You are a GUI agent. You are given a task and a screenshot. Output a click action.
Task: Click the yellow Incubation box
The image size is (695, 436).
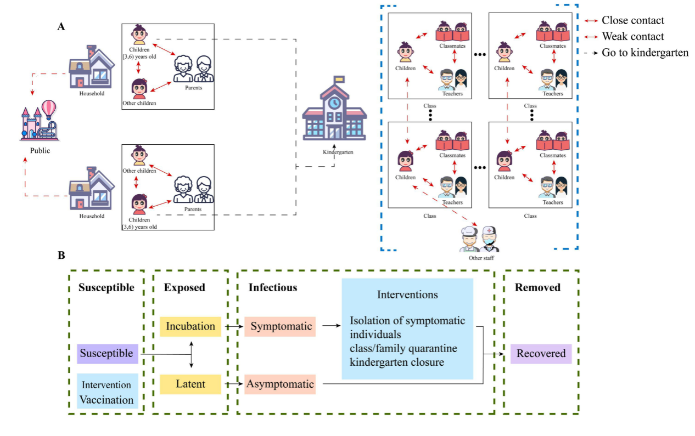(x=190, y=326)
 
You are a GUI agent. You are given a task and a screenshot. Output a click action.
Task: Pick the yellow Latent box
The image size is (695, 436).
(x=190, y=384)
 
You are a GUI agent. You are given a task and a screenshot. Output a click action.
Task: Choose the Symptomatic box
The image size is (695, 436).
(x=281, y=326)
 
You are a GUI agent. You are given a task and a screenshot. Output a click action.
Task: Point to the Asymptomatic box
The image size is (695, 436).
(x=281, y=384)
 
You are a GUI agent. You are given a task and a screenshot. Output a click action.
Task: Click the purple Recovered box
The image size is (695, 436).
(x=541, y=354)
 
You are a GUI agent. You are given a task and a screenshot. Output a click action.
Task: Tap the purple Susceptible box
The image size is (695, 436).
(x=108, y=354)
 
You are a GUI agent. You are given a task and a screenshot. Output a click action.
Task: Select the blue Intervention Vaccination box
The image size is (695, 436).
(x=108, y=392)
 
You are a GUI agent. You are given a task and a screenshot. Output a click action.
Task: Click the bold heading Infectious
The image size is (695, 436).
(x=272, y=287)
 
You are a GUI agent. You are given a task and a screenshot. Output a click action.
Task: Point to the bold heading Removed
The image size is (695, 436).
(x=537, y=287)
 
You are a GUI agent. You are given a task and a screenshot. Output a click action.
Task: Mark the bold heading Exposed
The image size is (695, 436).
(x=184, y=287)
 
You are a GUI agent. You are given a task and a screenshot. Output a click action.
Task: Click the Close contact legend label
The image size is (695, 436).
(x=633, y=21)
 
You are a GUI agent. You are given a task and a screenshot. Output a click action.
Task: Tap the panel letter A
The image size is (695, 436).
(x=62, y=26)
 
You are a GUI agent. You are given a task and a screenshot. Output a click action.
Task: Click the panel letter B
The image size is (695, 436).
(x=61, y=256)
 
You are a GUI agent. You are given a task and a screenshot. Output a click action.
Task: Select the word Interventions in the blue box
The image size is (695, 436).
(x=407, y=295)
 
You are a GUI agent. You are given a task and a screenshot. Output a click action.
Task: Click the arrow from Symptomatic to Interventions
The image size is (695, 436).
(x=331, y=326)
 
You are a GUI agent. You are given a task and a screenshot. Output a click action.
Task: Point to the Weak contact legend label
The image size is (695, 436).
(x=633, y=37)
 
